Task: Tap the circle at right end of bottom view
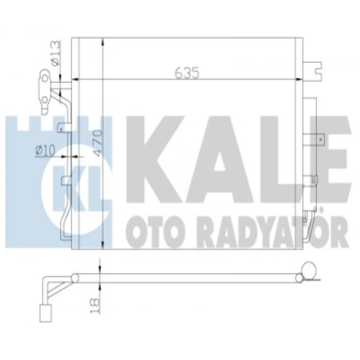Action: pos(310,271)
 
